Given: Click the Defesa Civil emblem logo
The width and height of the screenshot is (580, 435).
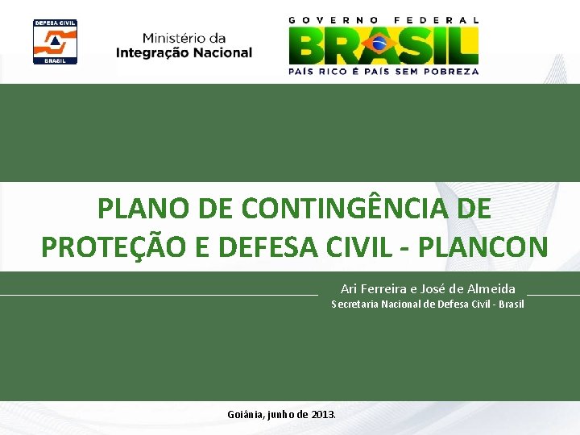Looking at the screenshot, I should (55, 41).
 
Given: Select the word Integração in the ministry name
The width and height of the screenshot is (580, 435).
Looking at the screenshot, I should (154, 53).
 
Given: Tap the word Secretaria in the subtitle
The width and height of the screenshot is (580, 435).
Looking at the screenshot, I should (356, 304).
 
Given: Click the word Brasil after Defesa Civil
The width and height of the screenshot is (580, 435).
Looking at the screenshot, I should (511, 304).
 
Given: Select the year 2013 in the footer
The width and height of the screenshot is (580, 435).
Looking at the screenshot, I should (322, 414).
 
